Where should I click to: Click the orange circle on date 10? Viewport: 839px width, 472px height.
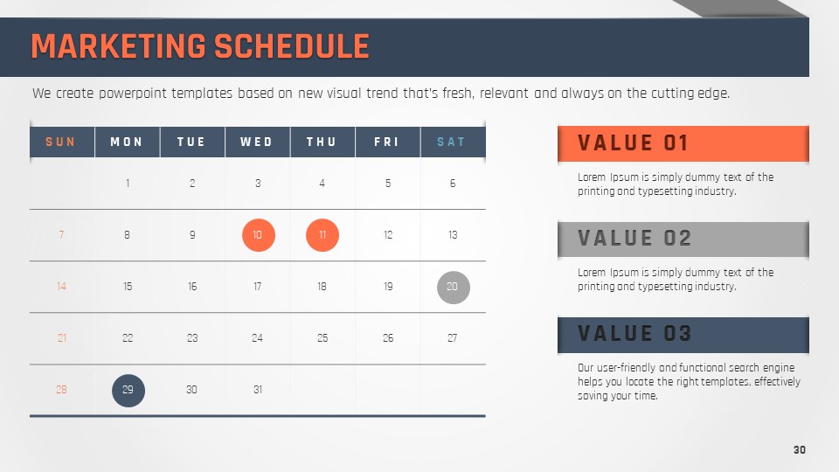point(259,235)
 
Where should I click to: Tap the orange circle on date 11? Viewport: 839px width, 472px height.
point(322,235)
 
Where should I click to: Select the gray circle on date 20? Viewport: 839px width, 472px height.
point(454,288)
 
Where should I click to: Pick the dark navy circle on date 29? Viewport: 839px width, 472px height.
point(128,390)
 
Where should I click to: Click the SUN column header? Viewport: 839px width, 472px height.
point(60,142)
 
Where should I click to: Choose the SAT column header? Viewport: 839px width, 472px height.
point(452,142)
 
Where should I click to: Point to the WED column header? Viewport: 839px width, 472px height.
point(257,142)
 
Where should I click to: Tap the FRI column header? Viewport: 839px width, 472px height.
point(387,142)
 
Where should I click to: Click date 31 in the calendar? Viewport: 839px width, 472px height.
point(258,390)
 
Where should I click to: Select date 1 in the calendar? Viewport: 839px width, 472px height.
point(128,184)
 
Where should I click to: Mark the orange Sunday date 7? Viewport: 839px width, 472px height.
point(61,235)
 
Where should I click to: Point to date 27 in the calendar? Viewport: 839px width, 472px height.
point(453,338)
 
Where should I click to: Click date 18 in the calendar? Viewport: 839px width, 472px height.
point(322,287)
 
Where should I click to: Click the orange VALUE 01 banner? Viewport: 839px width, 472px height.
point(683,143)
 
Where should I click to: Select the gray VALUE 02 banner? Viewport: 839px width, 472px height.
point(683,239)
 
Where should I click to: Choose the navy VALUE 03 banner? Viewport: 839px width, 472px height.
point(683,335)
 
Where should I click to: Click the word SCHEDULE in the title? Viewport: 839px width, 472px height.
point(292,46)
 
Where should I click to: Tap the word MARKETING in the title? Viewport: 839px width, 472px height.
point(118,46)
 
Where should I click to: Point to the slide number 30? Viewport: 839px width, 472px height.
point(800,450)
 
